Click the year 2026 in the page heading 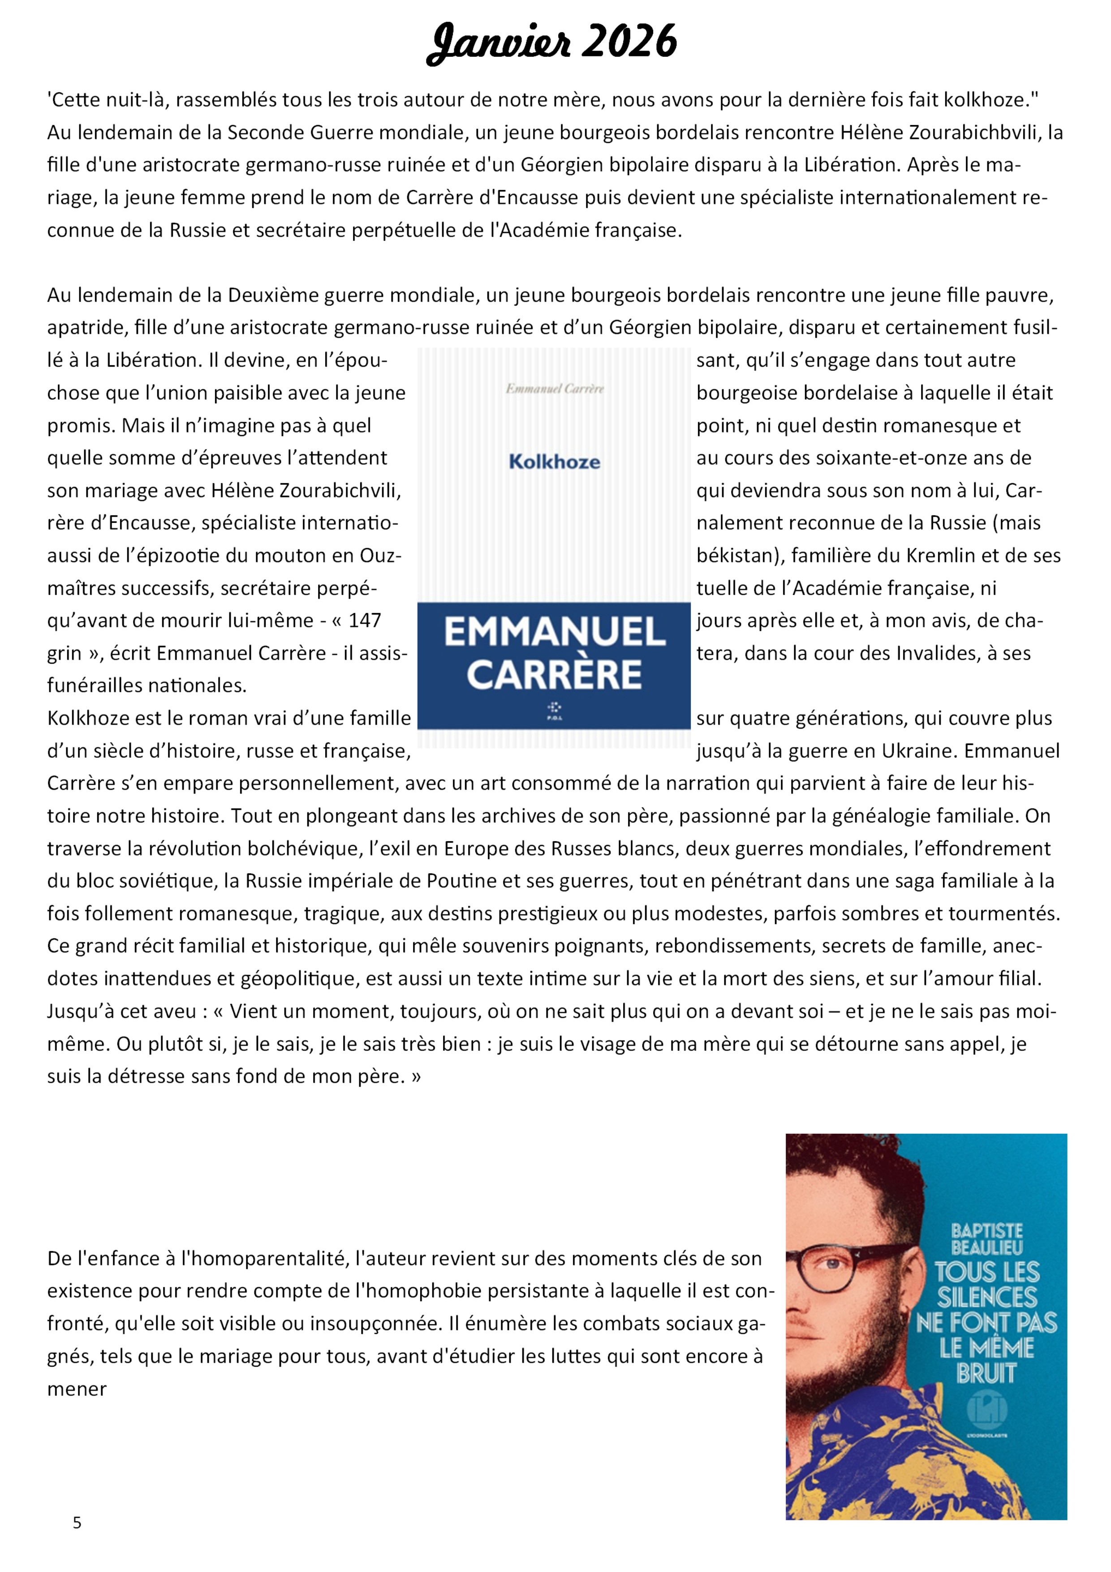click(x=629, y=42)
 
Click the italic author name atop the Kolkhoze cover click(x=555, y=389)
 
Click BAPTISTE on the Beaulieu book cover click(x=986, y=1231)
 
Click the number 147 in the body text click(x=364, y=620)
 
